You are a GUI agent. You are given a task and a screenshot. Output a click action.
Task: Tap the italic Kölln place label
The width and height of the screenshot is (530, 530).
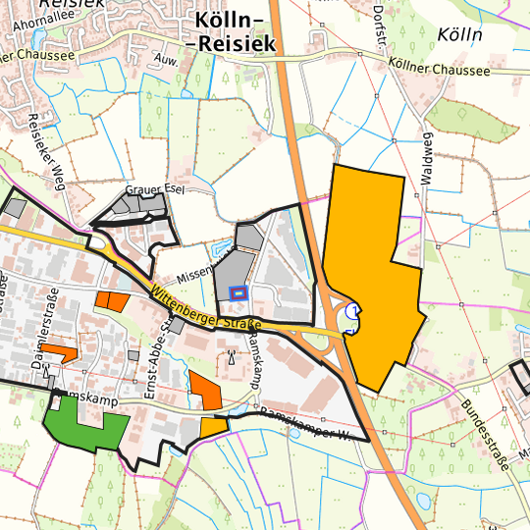[463, 34]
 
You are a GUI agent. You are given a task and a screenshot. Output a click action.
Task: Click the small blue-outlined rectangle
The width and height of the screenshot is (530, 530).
[237, 291]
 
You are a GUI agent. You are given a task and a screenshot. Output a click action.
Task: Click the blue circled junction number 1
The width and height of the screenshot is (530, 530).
[355, 310]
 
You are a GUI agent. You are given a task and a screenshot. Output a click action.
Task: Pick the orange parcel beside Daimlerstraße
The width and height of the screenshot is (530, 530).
[59, 350]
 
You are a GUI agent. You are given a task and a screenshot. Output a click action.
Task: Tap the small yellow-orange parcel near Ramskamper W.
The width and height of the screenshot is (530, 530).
[213, 427]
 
